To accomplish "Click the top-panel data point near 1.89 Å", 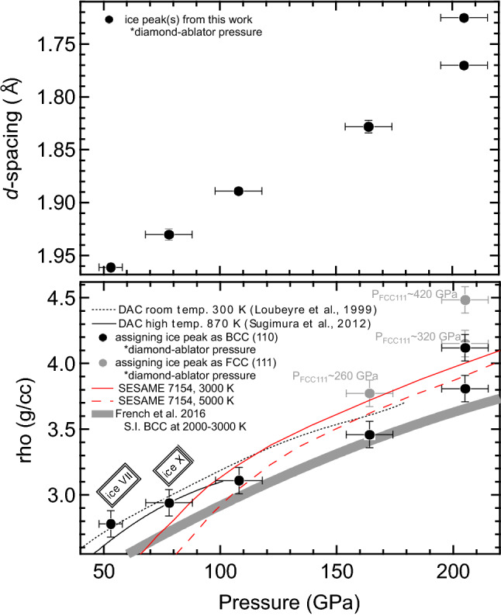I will pyautogui.click(x=239, y=191).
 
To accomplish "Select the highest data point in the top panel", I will pyautogui.click(x=464, y=17).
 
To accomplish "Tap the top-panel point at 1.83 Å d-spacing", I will pyautogui.click(x=368, y=126).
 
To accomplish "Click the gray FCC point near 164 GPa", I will pyautogui.click(x=369, y=393).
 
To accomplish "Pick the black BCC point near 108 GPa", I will pyautogui.click(x=239, y=480).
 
